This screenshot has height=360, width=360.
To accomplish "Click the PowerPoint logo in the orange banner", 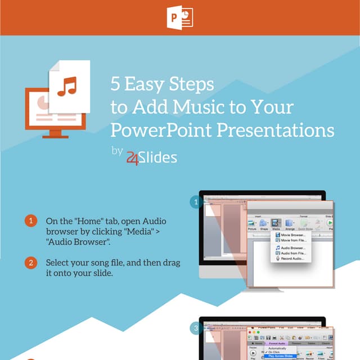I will pyautogui.click(x=179, y=17).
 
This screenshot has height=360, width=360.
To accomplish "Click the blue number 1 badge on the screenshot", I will pyautogui.click(x=195, y=202).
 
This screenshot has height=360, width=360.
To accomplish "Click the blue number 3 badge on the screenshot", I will pyautogui.click(x=195, y=328).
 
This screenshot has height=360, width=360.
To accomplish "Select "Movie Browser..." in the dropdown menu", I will pyautogui.click(x=291, y=235).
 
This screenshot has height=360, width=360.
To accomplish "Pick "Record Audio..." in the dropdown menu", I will pyautogui.click(x=290, y=259).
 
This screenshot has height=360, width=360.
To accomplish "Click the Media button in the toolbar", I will pyautogui.click(x=276, y=224).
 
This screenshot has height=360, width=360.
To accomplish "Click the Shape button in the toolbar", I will pyautogui.click(x=264, y=224).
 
